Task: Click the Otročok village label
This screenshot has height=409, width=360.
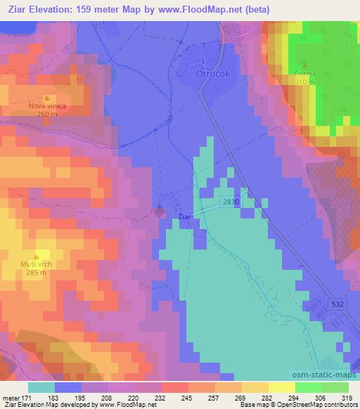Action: click(x=207, y=73)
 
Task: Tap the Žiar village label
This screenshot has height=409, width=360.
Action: click(x=184, y=217)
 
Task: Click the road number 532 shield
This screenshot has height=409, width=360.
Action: click(x=337, y=303)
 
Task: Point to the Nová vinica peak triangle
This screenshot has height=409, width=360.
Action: click(x=46, y=98)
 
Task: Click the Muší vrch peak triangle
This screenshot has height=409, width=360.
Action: click(x=37, y=257)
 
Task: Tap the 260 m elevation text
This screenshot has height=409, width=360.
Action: click(x=47, y=114)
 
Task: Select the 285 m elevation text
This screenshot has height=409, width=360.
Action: click(x=37, y=273)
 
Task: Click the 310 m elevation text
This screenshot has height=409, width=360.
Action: click(x=304, y=82)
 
